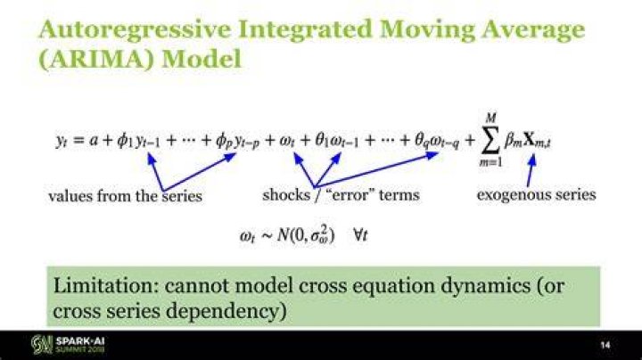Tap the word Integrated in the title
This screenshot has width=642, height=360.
pyautogui.click(x=305, y=30)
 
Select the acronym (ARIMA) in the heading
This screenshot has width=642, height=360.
pyautogui.click(x=96, y=60)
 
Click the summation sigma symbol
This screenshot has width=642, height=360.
pyautogui.click(x=490, y=140)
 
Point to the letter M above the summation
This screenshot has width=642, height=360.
pyautogui.click(x=490, y=119)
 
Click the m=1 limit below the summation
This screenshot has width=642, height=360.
pyautogui.click(x=490, y=162)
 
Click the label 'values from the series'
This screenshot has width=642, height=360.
pyautogui.click(x=126, y=196)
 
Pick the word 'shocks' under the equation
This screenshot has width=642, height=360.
pyautogui.click(x=286, y=194)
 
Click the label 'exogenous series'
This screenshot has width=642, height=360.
pyautogui.click(x=537, y=194)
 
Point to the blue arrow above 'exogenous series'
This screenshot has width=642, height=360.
pyautogui.click(x=531, y=170)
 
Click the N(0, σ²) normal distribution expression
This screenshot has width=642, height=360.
pyautogui.click(x=306, y=235)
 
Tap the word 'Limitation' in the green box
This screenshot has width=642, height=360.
pyautogui.click(x=105, y=285)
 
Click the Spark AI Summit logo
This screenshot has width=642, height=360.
pyautogui.click(x=68, y=345)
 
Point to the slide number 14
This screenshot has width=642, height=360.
pyautogui.click(x=605, y=345)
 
